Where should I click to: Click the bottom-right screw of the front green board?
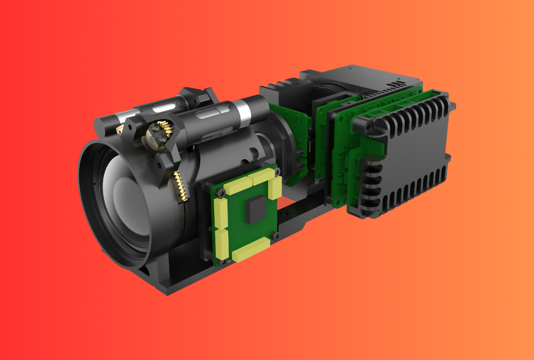[274, 236]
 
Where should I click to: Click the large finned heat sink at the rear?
[406, 160]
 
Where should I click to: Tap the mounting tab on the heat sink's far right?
[452, 107]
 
